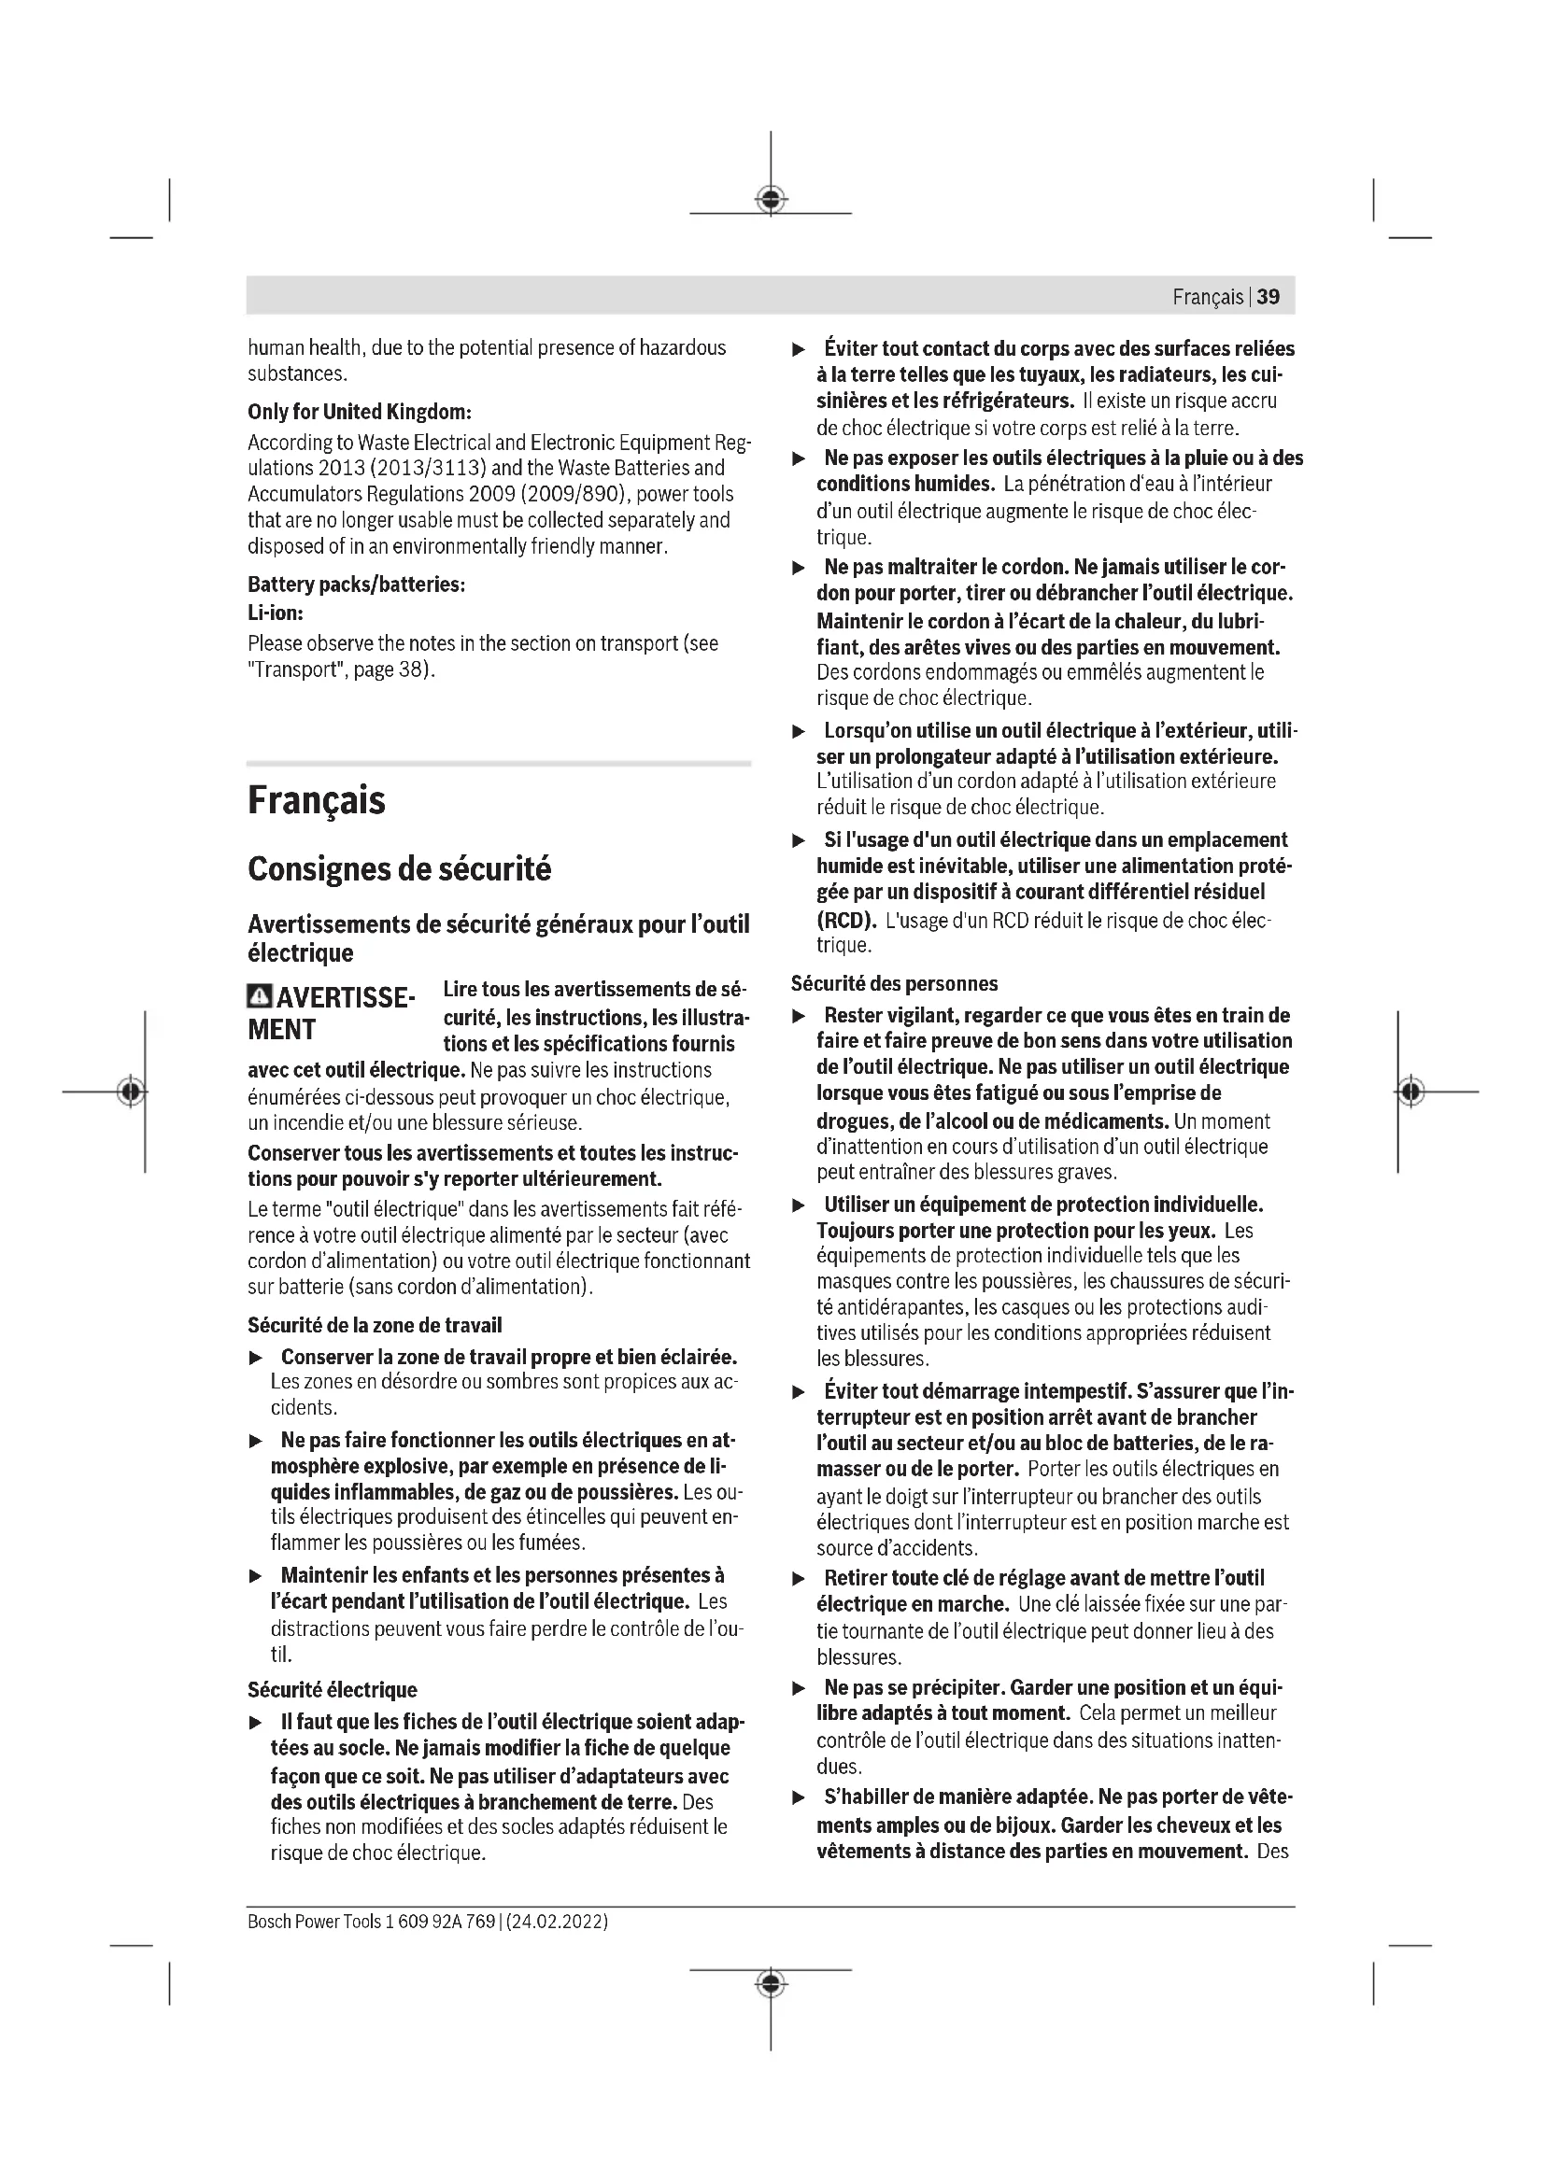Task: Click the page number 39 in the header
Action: [1269, 297]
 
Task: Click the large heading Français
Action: [317, 800]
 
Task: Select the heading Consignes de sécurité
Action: [400, 869]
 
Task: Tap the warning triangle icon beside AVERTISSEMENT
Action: [259, 997]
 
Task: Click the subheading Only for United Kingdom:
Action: [360, 412]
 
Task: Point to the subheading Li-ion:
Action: [275, 613]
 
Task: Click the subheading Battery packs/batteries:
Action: [356, 584]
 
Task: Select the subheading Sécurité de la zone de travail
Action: [375, 1325]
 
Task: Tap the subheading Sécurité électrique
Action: [332, 1689]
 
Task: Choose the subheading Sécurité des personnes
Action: [894, 983]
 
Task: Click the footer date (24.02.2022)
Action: [558, 1922]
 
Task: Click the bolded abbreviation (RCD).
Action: [844, 920]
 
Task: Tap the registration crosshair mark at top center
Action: [771, 199]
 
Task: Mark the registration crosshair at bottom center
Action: [771, 1983]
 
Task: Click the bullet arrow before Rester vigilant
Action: [800, 1016]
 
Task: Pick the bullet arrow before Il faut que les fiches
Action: [255, 1723]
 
